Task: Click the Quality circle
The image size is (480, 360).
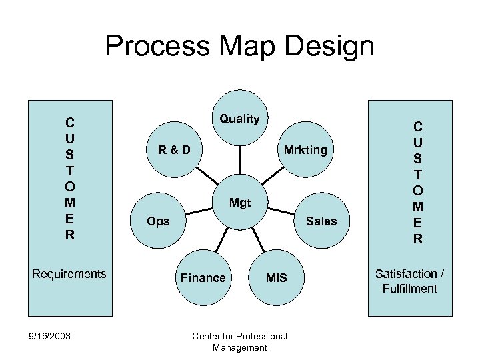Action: click(x=240, y=119)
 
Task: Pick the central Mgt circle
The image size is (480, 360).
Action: click(x=240, y=202)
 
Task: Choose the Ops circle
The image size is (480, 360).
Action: click(x=159, y=221)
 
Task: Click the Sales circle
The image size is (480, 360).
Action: click(x=321, y=221)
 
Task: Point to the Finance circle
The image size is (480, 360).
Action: click(x=203, y=277)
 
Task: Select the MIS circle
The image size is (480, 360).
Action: click(x=276, y=277)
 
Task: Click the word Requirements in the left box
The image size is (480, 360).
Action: click(x=69, y=273)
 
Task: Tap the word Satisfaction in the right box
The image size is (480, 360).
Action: click(x=405, y=273)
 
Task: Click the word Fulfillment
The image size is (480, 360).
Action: click(x=409, y=288)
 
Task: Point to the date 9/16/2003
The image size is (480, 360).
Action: click(x=51, y=336)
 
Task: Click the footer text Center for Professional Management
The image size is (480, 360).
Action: click(x=239, y=341)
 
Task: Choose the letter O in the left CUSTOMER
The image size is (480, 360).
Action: click(x=70, y=187)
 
